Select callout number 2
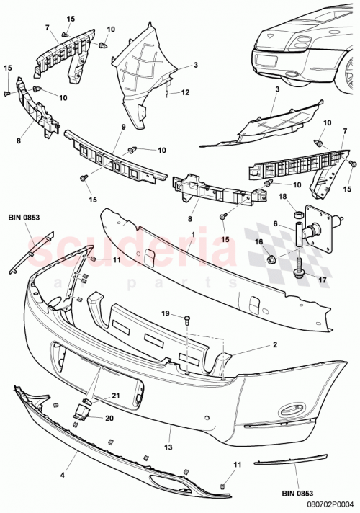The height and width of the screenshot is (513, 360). pos(254,345)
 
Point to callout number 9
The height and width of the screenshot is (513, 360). pos(124,128)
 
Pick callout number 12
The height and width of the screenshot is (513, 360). pos(186,92)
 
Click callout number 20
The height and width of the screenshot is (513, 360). pos(110,417)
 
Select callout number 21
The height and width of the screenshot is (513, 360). pos(115,396)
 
